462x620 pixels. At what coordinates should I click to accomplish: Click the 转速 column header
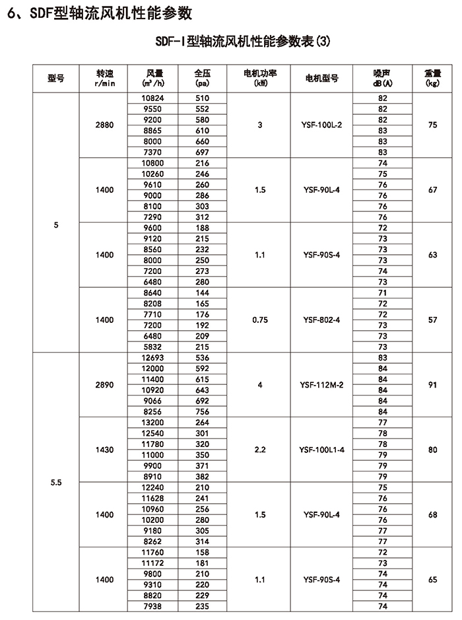[x=104, y=78]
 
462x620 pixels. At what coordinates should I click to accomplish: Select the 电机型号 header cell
[x=321, y=78]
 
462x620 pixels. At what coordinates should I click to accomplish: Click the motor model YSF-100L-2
[x=321, y=125]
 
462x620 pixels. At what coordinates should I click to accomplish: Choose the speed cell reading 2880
[x=104, y=125]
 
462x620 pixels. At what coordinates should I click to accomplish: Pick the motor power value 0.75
[x=260, y=320]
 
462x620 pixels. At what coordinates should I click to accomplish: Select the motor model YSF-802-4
[x=321, y=320]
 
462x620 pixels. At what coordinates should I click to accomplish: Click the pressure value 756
[x=203, y=411]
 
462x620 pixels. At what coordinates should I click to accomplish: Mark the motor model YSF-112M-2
[x=321, y=384]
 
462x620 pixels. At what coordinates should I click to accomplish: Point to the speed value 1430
[x=104, y=450]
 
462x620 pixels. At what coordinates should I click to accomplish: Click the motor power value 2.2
[x=260, y=450]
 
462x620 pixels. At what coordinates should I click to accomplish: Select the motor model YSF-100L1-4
[x=321, y=450]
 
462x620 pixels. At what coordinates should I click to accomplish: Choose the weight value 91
[x=432, y=384]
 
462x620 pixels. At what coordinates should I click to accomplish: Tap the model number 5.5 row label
[x=55, y=482]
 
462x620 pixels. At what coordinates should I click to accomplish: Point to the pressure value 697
[x=203, y=152]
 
